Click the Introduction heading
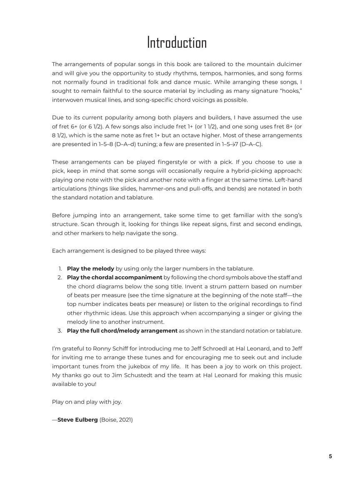[177, 42]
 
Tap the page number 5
[330, 456]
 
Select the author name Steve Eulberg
[77, 420]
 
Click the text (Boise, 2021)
[116, 420]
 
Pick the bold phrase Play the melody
[90, 269]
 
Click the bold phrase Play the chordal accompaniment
[115, 277]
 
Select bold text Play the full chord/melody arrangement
[122, 331]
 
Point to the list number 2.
[60, 277]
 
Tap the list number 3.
[60, 331]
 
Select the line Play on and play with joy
[87, 402]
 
